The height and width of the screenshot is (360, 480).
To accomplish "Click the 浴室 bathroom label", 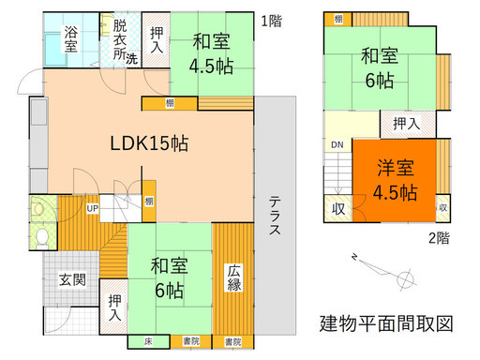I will coord(71,41).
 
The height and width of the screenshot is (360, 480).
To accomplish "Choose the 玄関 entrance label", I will coord(73,278).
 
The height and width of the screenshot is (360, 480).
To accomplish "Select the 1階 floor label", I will coord(271,20).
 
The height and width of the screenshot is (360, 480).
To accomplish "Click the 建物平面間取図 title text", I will coord(385,324).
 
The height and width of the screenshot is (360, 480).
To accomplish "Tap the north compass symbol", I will coord(405,278).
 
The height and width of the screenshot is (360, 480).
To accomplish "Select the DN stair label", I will coord(336,144).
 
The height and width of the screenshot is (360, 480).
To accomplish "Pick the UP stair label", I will coord(94,208).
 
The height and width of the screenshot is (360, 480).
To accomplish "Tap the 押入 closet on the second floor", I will coord(406,122).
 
